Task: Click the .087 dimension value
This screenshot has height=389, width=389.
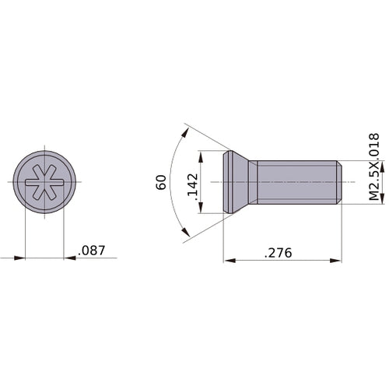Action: point(91,250)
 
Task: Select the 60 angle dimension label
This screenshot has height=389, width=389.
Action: point(161,182)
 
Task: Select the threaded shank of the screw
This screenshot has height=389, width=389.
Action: point(296,182)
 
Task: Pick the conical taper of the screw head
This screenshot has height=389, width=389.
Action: point(246,182)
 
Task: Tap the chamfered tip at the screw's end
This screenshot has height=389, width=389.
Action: point(338,182)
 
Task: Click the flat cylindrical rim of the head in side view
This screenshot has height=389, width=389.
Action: point(228,182)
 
